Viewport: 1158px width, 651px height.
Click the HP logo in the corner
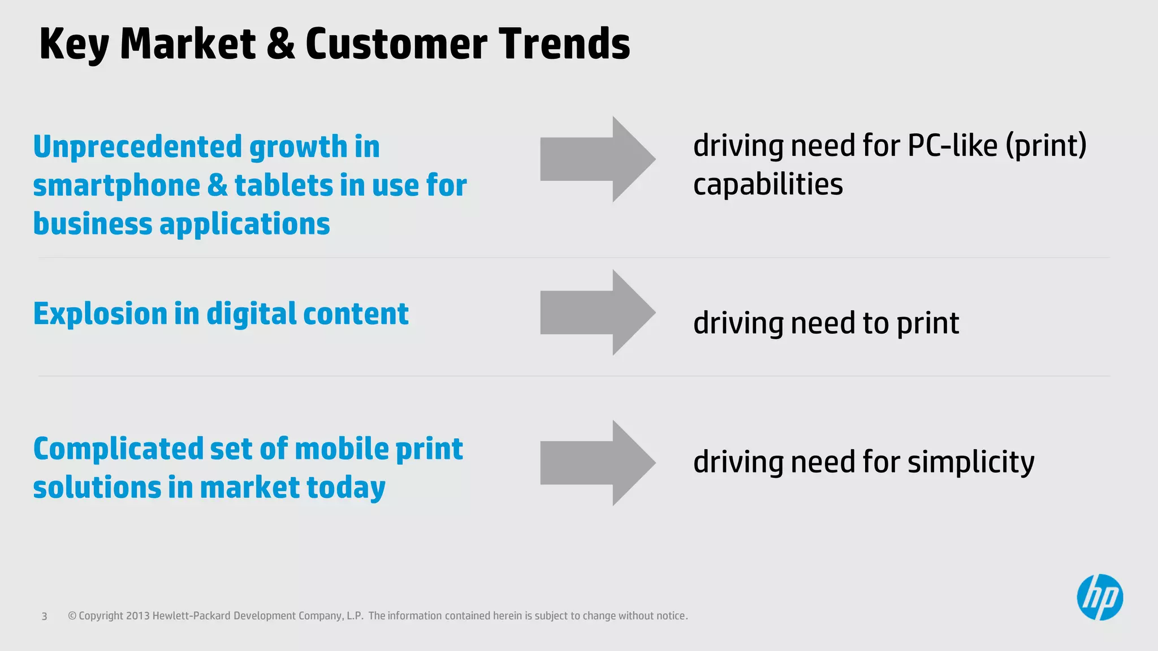click(1099, 597)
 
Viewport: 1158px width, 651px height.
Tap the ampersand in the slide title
click(280, 44)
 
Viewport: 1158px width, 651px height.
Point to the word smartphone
click(116, 186)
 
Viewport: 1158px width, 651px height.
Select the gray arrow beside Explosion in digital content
click(597, 313)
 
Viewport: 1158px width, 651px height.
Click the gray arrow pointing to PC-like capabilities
click(597, 159)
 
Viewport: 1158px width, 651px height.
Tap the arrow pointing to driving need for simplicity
click(597, 463)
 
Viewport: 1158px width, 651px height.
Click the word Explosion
click(100, 314)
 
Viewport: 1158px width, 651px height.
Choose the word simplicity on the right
click(970, 463)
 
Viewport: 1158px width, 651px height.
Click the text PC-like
click(953, 146)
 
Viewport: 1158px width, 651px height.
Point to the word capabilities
click(767, 185)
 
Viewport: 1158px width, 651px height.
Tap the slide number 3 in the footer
click(44, 617)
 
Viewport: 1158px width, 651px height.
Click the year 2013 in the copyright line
click(137, 616)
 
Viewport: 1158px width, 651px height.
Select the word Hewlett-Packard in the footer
click(191, 616)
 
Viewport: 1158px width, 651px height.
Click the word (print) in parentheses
click(1045, 146)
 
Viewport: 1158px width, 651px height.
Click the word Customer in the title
click(396, 44)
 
